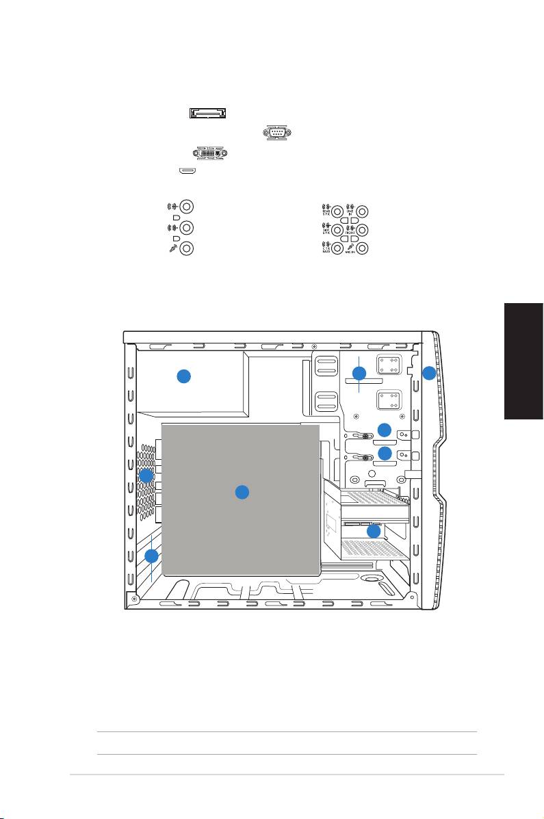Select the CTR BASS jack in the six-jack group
337,250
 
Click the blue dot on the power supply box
183,376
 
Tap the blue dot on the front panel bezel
428,373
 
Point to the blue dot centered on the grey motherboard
241,492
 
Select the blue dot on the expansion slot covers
152,556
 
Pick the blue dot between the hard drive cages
373,531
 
